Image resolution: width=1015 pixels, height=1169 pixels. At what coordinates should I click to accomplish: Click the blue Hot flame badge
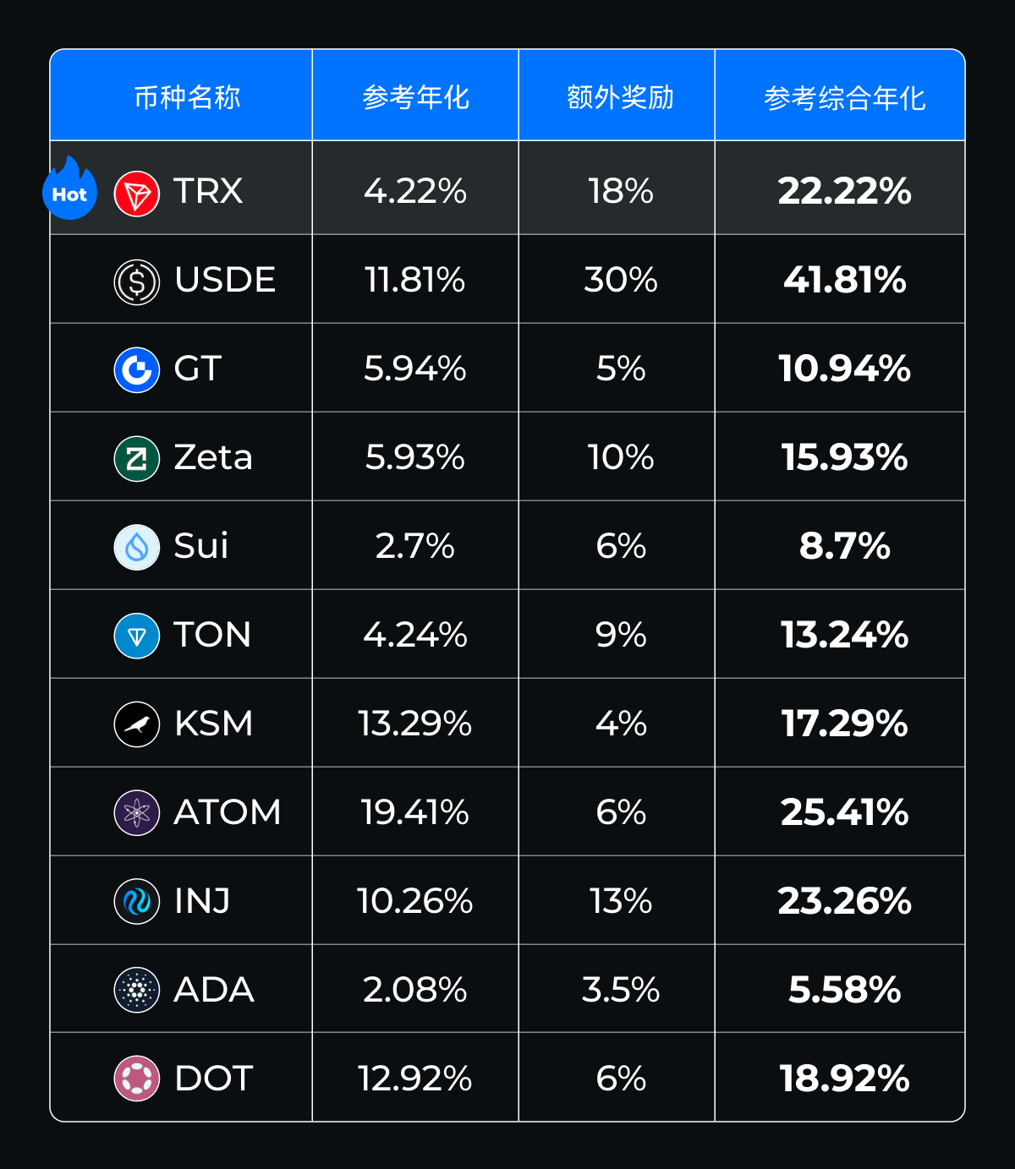(69, 191)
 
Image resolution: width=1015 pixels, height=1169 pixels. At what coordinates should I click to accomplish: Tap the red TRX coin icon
(136, 193)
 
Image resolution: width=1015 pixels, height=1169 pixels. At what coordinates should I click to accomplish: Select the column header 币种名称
(187, 97)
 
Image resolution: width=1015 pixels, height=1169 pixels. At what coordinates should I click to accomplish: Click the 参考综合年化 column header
(844, 98)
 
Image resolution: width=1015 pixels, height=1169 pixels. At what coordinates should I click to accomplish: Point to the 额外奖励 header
(620, 97)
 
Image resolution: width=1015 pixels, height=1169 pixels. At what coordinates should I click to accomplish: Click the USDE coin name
(225, 280)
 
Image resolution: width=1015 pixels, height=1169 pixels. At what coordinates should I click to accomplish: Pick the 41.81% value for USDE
(844, 280)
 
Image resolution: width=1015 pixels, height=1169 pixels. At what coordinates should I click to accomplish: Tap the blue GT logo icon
(136, 369)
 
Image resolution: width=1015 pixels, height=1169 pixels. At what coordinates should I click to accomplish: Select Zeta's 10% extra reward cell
(620, 457)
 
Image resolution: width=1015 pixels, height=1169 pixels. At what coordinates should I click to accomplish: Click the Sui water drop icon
(136, 547)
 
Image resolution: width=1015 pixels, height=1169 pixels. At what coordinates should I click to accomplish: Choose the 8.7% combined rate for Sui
(844, 546)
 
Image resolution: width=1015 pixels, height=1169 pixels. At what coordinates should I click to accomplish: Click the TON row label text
(212, 635)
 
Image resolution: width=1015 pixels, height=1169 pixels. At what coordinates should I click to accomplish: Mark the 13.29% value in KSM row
(414, 724)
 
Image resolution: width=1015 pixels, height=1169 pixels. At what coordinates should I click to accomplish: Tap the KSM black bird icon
(136, 724)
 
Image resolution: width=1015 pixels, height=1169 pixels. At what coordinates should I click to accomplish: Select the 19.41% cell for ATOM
(414, 812)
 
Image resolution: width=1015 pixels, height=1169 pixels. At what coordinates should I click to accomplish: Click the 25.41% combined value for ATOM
(844, 812)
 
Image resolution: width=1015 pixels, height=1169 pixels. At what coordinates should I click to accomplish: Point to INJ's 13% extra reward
(620, 901)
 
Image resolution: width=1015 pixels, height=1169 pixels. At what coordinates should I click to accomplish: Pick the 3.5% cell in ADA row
(620, 990)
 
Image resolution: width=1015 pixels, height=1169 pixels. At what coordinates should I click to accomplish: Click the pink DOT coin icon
(136, 1079)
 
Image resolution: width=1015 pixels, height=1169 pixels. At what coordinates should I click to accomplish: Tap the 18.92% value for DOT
(844, 1079)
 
